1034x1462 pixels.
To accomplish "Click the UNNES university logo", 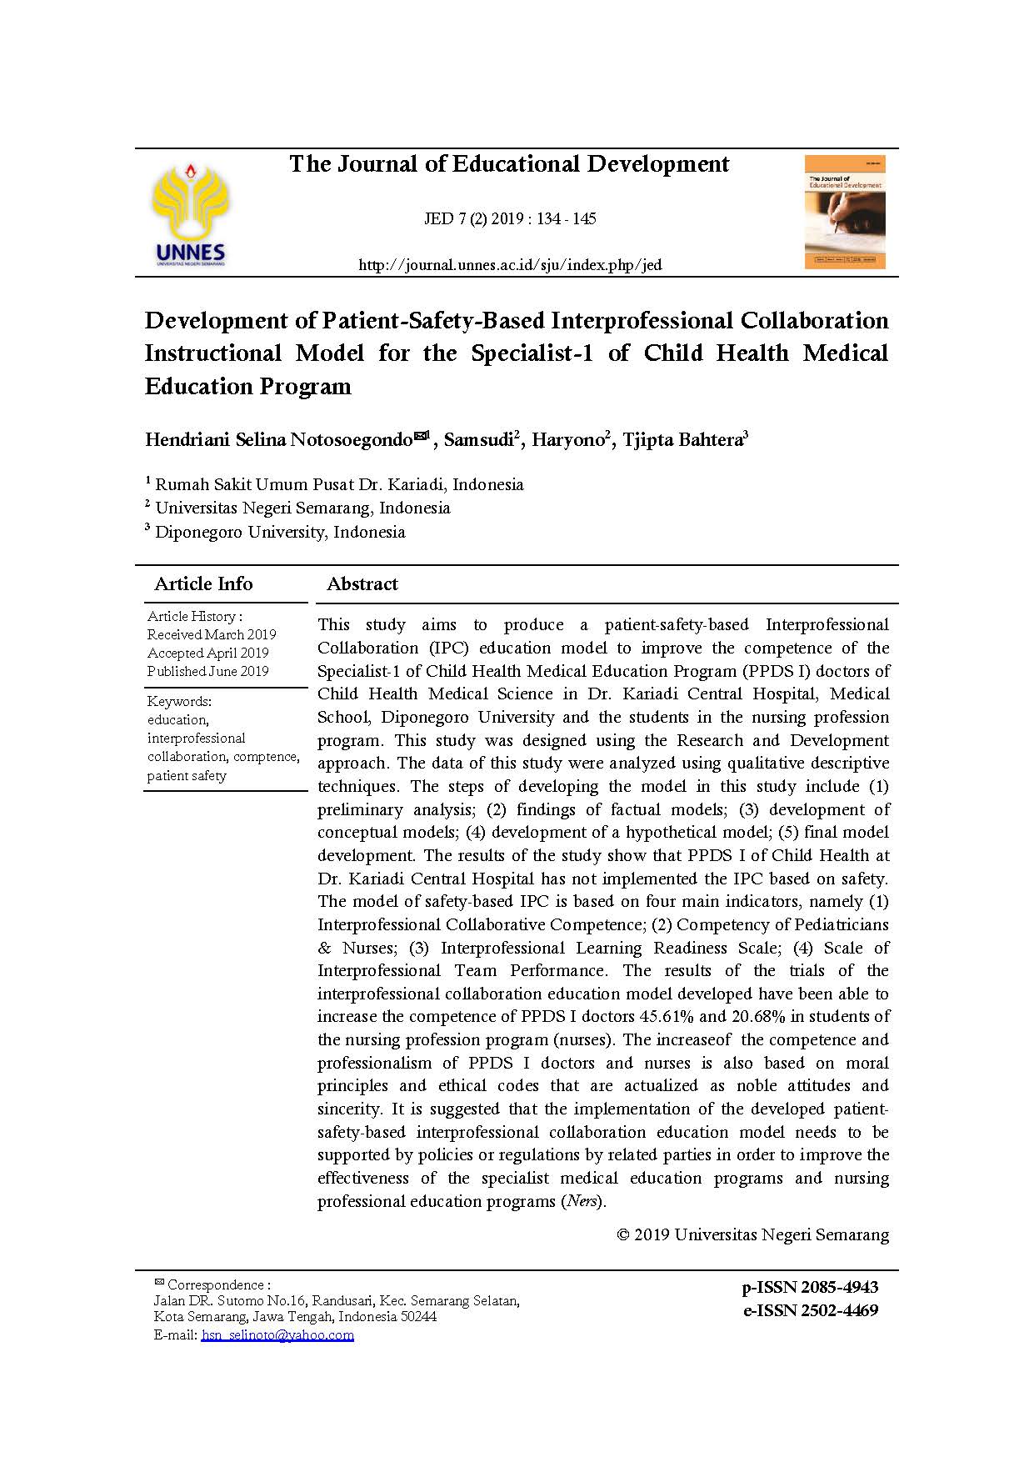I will [190, 213].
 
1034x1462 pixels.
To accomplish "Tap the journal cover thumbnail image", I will [844, 212].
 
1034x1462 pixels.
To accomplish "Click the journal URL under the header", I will [510, 265].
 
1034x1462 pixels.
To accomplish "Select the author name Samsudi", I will [478, 440].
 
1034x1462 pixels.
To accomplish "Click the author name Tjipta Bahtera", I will [682, 440].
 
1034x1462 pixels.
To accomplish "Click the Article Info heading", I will [203, 584].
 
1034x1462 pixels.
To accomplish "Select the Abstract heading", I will [362, 584].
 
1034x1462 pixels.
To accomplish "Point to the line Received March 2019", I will [212, 634].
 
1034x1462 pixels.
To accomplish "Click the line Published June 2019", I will [207, 671].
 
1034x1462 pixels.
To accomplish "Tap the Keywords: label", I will [179, 701].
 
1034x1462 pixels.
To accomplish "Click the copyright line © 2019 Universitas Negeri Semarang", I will [752, 1234].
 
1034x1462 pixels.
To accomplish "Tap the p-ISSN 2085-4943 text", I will [810, 1287].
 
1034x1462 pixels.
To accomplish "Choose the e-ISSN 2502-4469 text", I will [810, 1310].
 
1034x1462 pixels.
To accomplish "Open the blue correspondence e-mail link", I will [277, 1335].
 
